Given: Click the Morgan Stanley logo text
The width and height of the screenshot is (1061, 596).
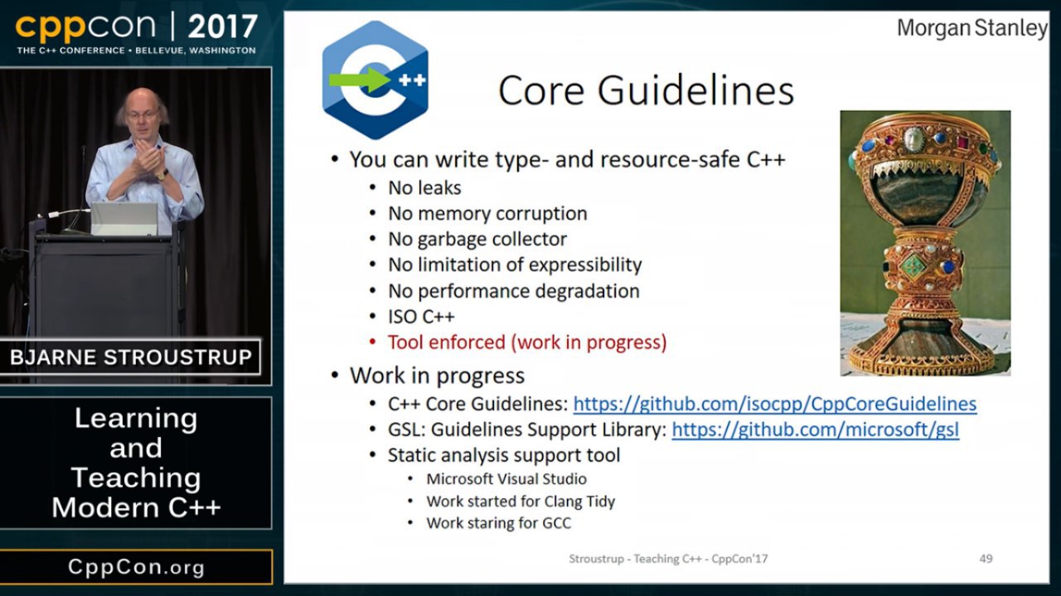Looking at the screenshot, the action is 972,28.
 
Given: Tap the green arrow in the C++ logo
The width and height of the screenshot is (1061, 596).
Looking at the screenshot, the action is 360,79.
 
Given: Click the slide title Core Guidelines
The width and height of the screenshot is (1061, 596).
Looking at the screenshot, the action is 646,90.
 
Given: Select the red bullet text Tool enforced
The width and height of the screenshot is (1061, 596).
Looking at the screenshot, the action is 526,342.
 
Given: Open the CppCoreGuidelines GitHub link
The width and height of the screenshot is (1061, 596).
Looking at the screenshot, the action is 775,405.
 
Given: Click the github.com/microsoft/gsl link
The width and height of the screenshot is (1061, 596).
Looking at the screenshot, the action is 815,429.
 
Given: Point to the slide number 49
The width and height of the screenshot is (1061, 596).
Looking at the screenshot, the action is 986,559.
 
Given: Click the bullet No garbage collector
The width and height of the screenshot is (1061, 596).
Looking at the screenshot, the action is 477,240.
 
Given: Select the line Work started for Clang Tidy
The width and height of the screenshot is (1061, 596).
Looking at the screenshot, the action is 521,502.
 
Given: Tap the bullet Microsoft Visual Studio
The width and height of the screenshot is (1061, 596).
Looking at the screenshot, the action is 506,479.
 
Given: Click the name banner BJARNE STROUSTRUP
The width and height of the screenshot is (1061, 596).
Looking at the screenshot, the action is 131,357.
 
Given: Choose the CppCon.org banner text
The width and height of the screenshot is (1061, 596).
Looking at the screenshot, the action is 137,567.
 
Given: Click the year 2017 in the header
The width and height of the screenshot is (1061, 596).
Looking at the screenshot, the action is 223,27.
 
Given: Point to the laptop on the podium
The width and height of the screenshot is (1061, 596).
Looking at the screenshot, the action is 124,219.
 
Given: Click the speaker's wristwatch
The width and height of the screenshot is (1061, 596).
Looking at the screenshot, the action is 162,174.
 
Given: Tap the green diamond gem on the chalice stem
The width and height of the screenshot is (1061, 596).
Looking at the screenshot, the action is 913,266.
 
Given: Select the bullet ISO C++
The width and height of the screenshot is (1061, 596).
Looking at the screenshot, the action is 421,317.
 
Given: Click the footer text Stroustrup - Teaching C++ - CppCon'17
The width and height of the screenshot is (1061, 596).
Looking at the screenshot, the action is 668,559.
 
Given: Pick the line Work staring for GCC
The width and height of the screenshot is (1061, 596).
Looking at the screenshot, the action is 499,523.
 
